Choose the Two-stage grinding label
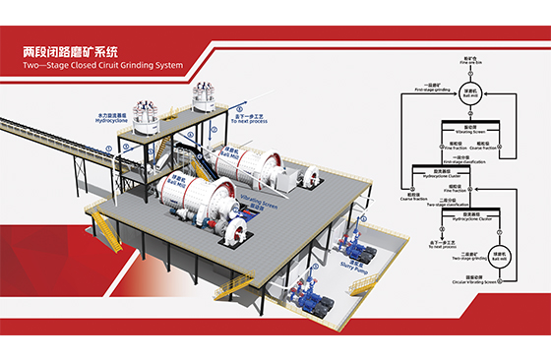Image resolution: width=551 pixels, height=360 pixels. [466, 255]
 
